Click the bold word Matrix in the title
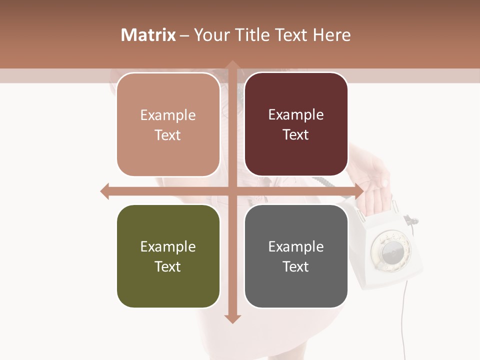click(148, 35)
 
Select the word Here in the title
click(331, 35)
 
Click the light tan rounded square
click(168, 124)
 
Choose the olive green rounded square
click(168, 256)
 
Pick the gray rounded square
click(296, 256)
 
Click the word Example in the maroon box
click(296, 115)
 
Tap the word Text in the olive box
click(168, 266)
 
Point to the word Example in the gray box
click(296, 246)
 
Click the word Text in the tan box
click(168, 135)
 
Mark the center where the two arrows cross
click(232, 191)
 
